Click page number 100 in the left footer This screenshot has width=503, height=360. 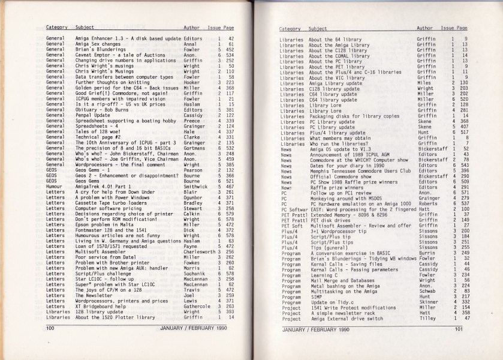50,328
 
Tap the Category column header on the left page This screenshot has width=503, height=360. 56,28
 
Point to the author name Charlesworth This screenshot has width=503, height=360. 200,252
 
